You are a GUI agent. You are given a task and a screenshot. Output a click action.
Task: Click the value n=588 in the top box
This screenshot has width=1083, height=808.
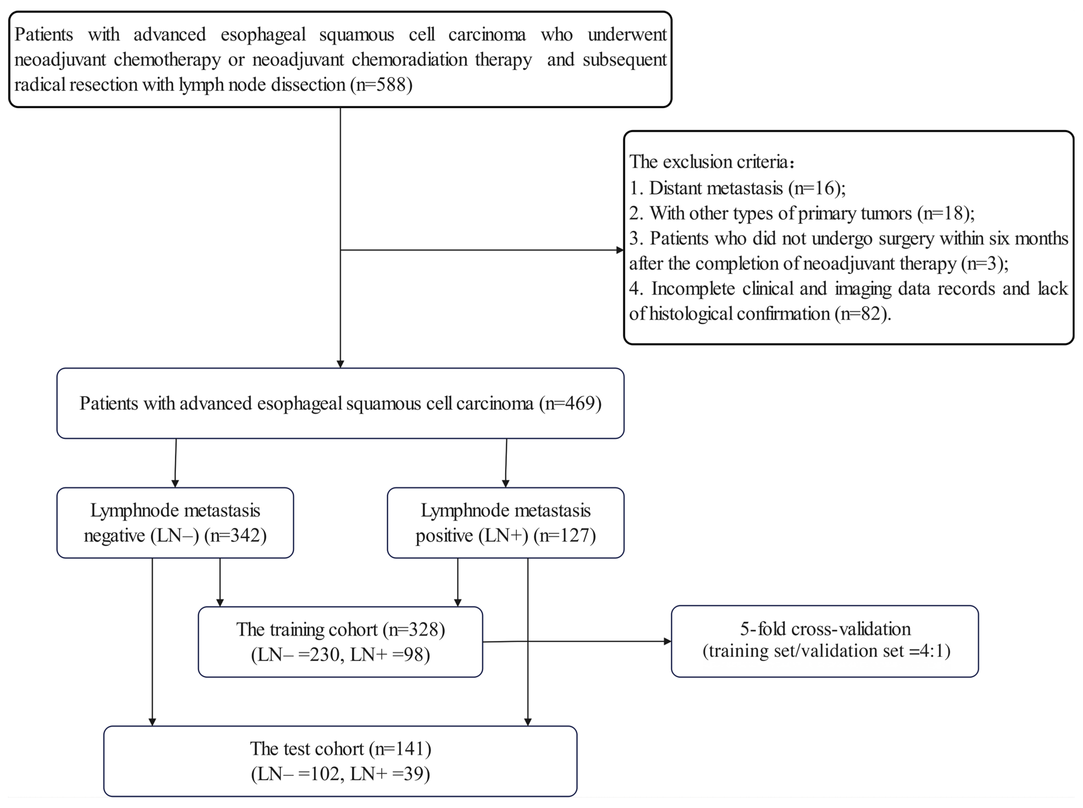point(381,85)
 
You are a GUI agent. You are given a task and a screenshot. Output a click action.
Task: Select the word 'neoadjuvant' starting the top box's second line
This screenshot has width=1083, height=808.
point(60,60)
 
